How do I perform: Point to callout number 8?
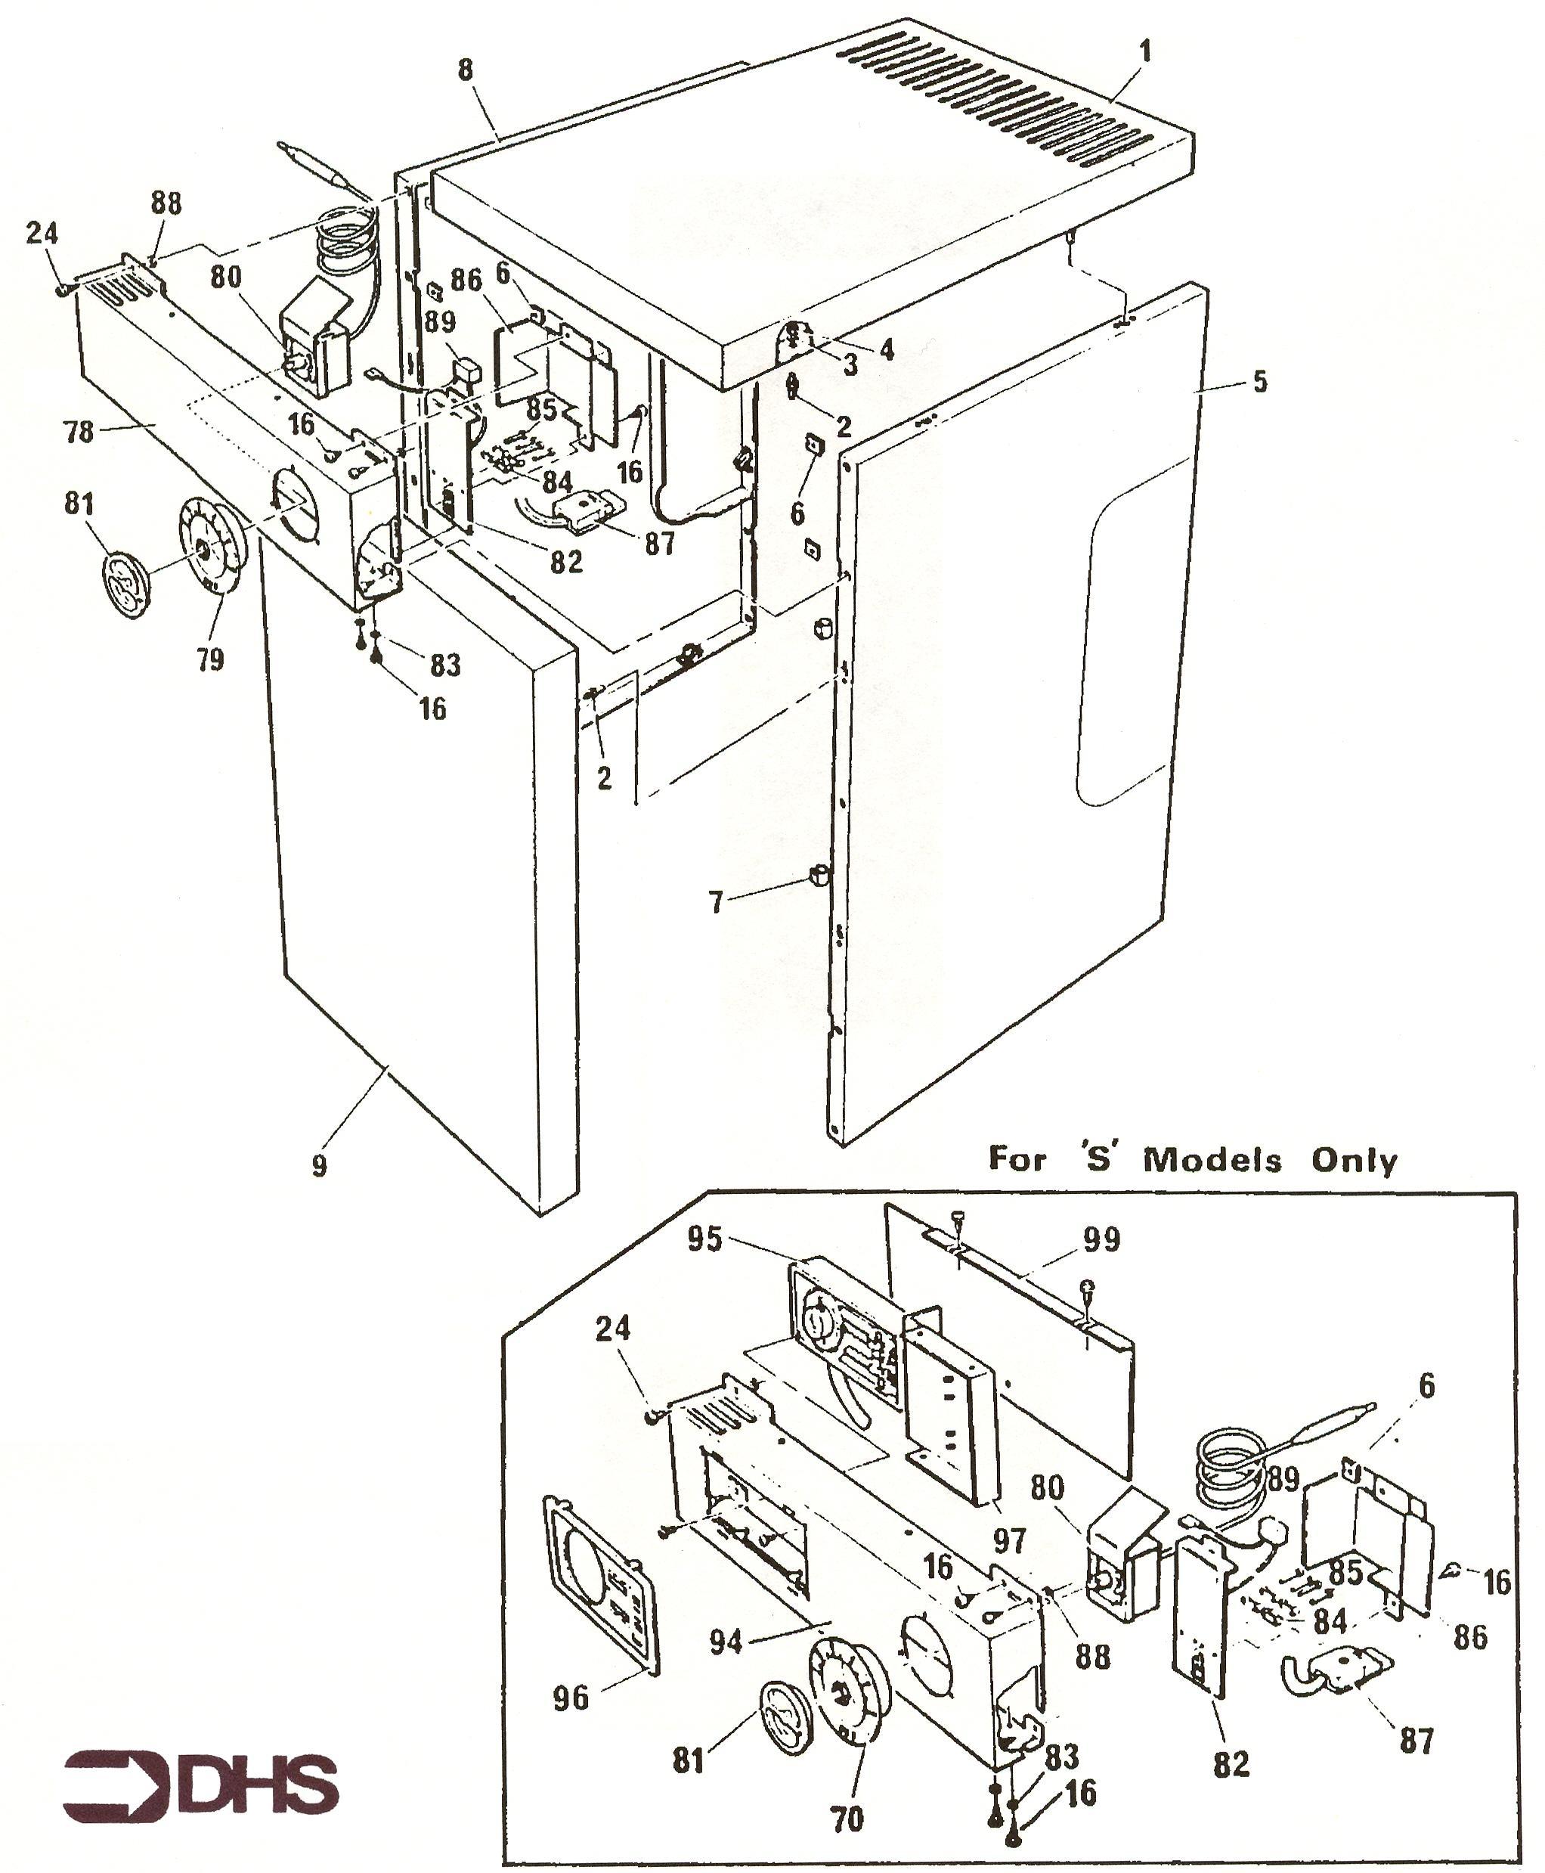(x=466, y=70)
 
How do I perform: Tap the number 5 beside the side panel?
(x=1259, y=382)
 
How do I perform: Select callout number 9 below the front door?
(x=320, y=1165)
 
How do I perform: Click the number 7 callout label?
(x=717, y=902)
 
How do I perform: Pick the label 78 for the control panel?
(x=79, y=432)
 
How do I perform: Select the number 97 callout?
(x=1009, y=1540)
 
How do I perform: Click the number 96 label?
(x=571, y=1698)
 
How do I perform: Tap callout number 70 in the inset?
(x=847, y=1819)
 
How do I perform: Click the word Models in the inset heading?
(x=1212, y=1160)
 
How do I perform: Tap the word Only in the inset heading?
(x=1355, y=1161)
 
